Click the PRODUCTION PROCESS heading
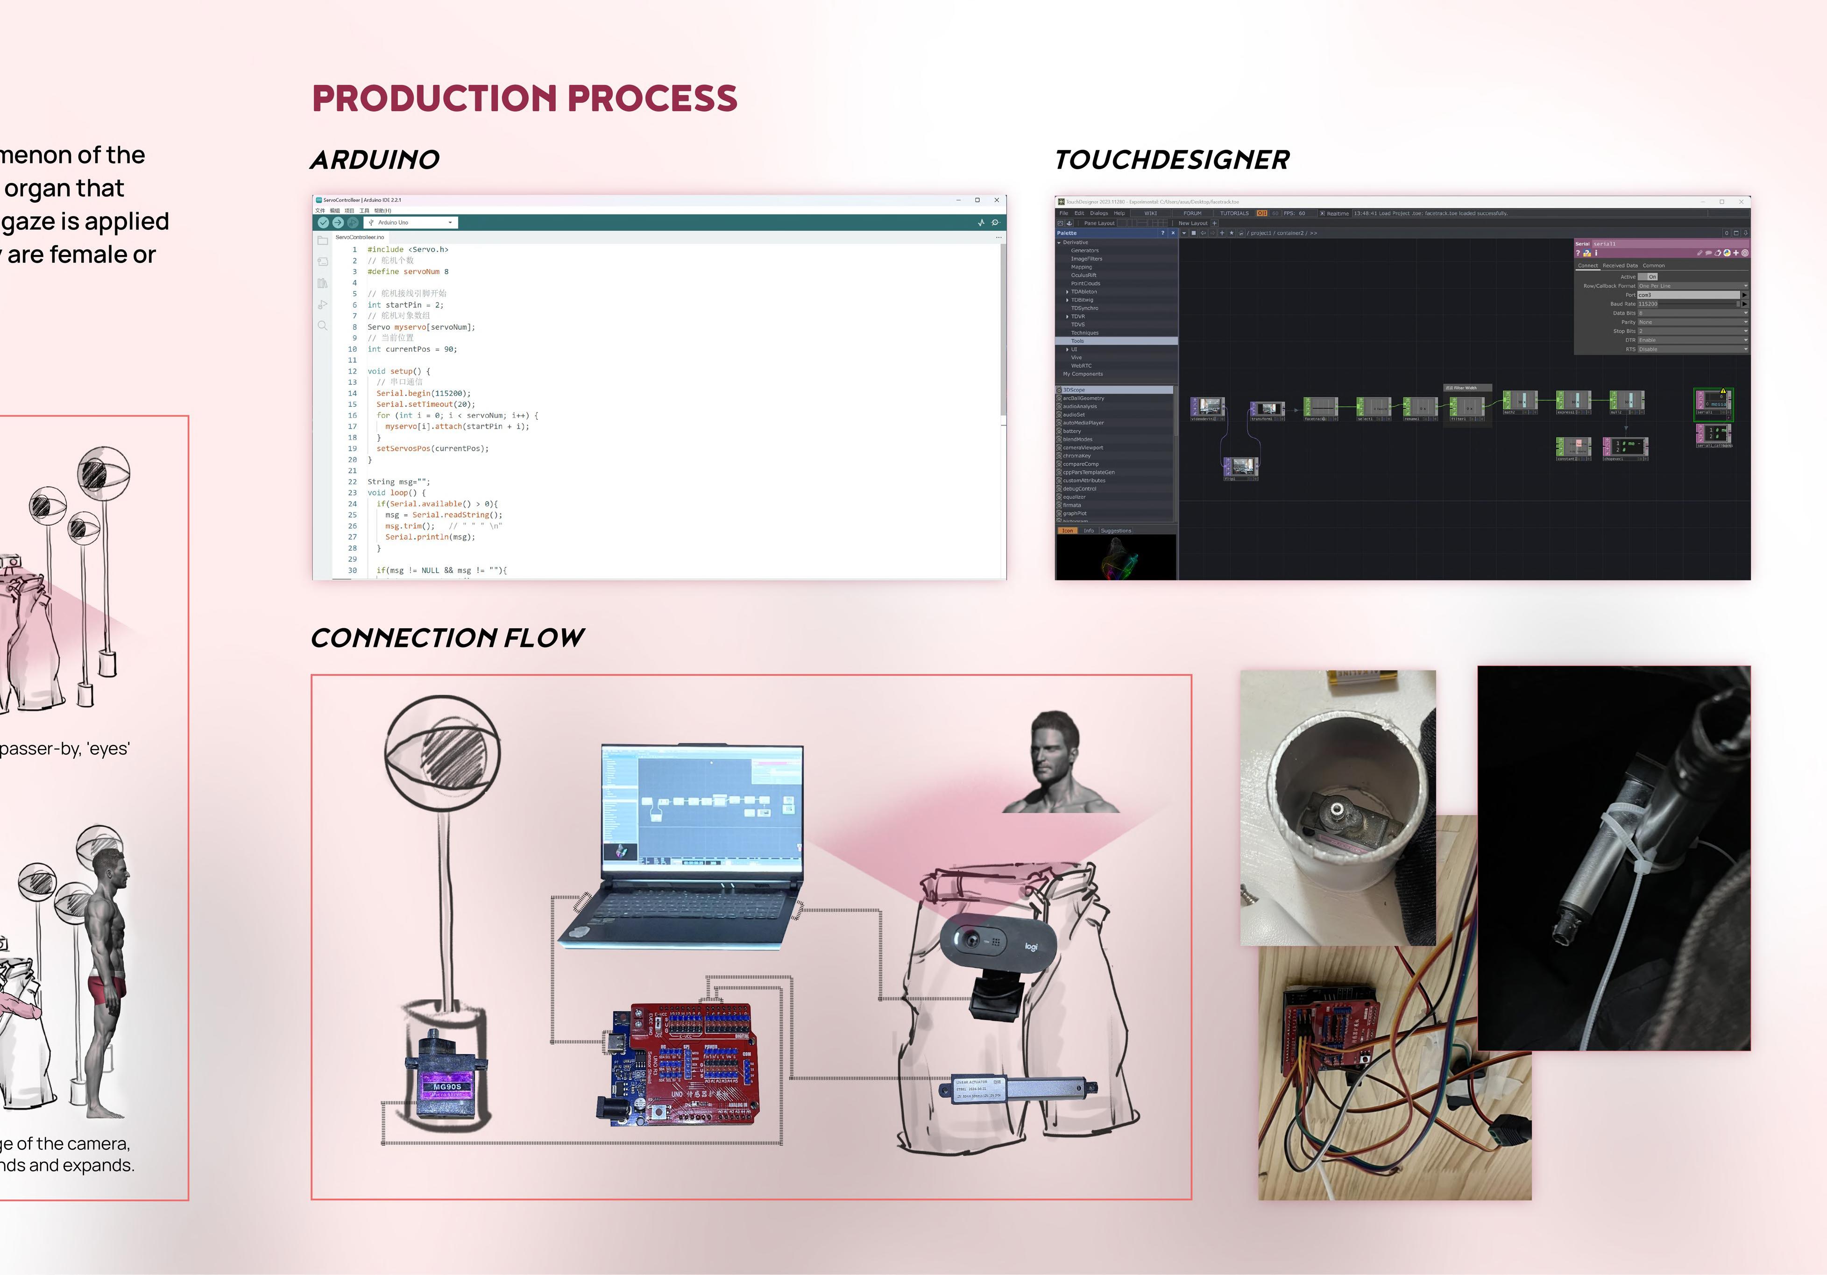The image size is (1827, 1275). click(x=524, y=99)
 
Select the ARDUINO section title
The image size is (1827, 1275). click(x=375, y=160)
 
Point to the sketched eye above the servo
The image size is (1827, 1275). click(x=442, y=755)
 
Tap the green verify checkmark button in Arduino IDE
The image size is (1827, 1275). click(x=323, y=223)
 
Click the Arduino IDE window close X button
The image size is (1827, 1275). click(x=996, y=200)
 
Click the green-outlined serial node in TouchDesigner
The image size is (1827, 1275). click(x=1713, y=404)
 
